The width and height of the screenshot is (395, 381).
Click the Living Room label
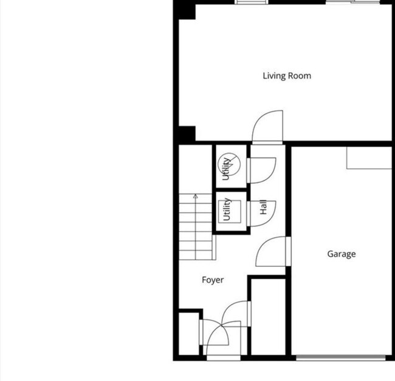coord(287,76)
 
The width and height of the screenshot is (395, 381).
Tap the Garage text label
coord(341,254)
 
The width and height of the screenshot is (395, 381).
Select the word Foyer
coord(213,280)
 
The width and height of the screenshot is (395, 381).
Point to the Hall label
coord(264,208)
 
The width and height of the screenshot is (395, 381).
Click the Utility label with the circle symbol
coord(227,167)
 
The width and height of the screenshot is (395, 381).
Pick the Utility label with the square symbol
coord(226,209)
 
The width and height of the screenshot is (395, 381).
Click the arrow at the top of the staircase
coord(196,197)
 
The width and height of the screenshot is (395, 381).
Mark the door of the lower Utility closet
coord(261,213)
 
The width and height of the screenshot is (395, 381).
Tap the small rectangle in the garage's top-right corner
coord(369,158)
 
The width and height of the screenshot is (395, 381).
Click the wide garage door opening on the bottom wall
coord(340,358)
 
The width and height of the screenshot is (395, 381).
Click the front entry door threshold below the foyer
coord(223,358)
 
